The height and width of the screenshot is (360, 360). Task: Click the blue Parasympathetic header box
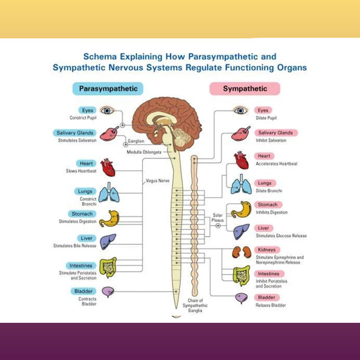[108, 89]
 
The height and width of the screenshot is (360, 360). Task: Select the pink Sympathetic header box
[244, 89]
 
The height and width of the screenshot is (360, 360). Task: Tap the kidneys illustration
[241, 253]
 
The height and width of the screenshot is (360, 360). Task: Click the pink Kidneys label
[266, 250]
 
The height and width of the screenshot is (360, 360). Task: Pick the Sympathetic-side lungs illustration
[241, 185]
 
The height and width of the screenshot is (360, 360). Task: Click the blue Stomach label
[82, 214]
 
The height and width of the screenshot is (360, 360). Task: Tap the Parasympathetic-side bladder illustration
[107, 292]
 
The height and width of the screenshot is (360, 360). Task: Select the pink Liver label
[263, 228]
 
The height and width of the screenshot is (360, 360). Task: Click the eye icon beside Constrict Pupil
[106, 110]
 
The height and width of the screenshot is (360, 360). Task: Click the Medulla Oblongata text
[143, 152]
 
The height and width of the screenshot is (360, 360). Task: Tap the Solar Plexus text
[218, 218]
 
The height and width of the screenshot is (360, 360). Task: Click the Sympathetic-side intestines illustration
[241, 274]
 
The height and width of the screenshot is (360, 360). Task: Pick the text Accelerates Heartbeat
[276, 163]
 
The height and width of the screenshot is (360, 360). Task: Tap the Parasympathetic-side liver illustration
[107, 241]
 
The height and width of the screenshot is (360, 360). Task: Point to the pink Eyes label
[263, 110]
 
